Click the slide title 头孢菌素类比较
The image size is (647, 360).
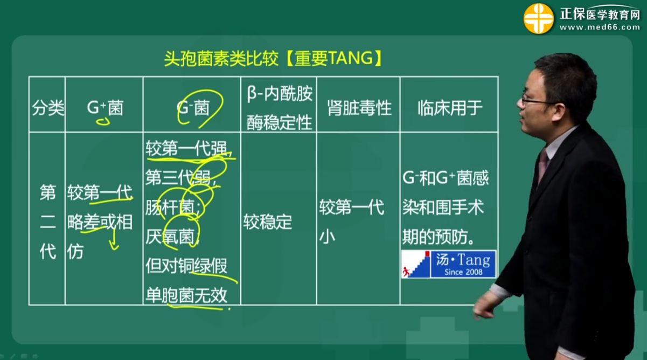click(x=221, y=59)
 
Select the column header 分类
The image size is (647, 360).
click(x=48, y=108)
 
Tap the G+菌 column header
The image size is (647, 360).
click(x=105, y=108)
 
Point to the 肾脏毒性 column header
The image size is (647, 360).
click(x=359, y=108)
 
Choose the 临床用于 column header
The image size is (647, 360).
click(x=450, y=108)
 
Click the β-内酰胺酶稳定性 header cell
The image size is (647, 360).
click(x=279, y=108)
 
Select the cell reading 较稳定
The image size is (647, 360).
click(x=267, y=222)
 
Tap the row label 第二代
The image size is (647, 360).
click(x=47, y=222)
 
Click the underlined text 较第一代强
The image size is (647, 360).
click(x=186, y=148)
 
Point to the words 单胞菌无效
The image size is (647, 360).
click(x=186, y=295)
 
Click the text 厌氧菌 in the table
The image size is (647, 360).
click(x=170, y=237)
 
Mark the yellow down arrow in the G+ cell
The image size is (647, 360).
click(x=114, y=239)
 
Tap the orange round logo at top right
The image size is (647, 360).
click(x=538, y=18)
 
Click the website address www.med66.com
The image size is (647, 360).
click(x=600, y=27)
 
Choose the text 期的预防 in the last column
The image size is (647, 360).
click(x=435, y=237)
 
